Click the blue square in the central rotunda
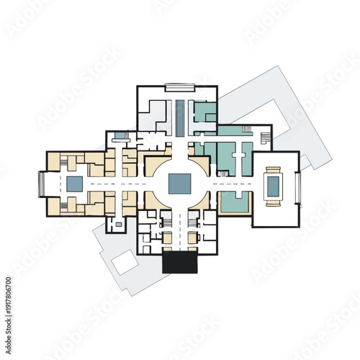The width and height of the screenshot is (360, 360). (x=179, y=184)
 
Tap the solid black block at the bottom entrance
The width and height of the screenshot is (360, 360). (x=179, y=263)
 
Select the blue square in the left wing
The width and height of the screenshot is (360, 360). (x=75, y=184)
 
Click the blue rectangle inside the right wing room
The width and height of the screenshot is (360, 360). (x=274, y=186)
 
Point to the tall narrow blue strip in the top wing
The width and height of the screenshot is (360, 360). (x=179, y=117)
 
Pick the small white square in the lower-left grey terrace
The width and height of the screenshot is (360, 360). (x=125, y=263)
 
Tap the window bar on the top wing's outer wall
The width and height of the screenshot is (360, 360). (x=179, y=87)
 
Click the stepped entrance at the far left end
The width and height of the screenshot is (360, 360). (x=42, y=184)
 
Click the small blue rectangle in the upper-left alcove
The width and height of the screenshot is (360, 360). (x=120, y=135)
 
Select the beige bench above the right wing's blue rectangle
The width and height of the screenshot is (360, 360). (x=274, y=170)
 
